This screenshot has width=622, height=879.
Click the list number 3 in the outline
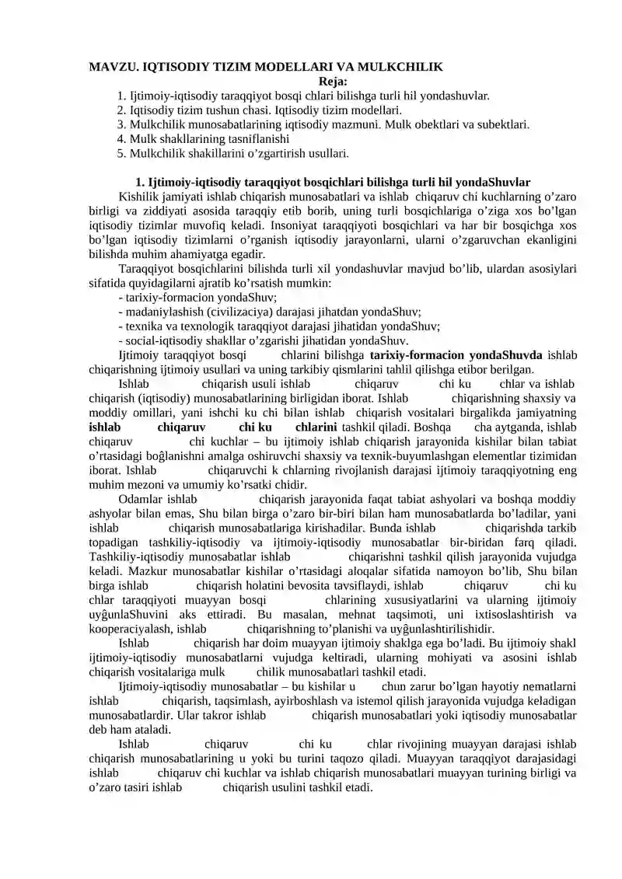[121, 124]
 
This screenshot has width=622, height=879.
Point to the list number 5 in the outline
[121, 153]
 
